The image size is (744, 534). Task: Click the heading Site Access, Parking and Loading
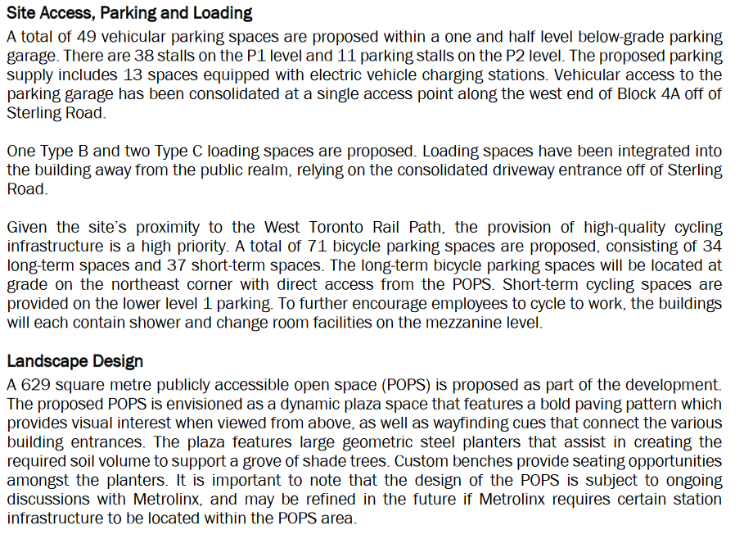(129, 13)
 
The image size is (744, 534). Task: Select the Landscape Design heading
(74, 361)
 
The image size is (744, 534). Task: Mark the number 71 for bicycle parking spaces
(318, 247)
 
